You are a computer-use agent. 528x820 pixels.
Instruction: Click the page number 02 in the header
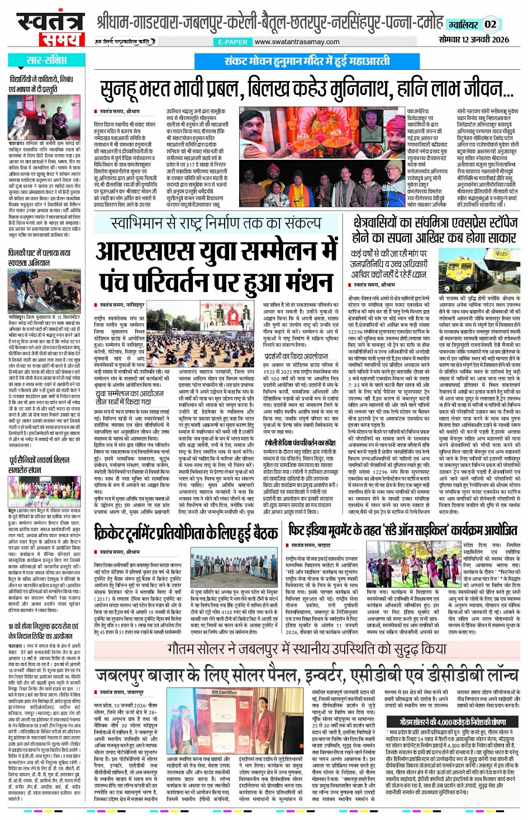[490, 24]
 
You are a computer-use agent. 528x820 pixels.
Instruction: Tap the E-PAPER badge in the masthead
[232, 42]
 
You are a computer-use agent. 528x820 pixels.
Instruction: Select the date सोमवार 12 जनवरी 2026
[474, 39]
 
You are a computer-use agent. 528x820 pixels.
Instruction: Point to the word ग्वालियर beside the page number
[463, 25]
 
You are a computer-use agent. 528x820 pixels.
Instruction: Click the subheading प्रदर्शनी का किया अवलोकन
[297, 356]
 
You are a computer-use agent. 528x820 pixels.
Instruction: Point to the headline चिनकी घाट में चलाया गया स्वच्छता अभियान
[39, 258]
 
